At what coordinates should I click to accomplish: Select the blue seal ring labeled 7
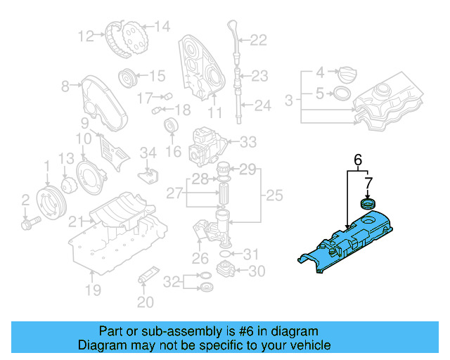(x=367, y=204)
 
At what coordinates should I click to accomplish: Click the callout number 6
(x=357, y=161)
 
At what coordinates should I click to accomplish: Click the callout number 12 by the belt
(x=86, y=35)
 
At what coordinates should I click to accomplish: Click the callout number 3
(x=289, y=101)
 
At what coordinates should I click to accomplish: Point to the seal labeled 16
(x=169, y=127)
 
